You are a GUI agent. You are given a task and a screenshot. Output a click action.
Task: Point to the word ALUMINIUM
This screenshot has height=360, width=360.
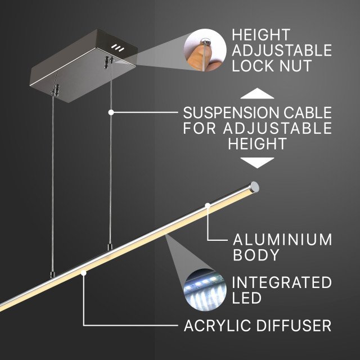282,240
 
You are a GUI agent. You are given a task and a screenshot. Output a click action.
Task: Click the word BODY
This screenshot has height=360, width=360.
256,255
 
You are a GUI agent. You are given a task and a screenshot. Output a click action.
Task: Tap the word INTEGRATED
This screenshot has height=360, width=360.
282,282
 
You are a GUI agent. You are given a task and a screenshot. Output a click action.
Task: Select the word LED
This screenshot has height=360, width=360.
246,298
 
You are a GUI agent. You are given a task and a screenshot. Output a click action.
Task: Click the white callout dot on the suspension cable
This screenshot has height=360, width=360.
111,112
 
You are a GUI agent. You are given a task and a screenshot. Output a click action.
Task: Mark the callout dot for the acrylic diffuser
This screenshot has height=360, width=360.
84,273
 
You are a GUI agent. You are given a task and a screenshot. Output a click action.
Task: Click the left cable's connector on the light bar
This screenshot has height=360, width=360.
52,274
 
